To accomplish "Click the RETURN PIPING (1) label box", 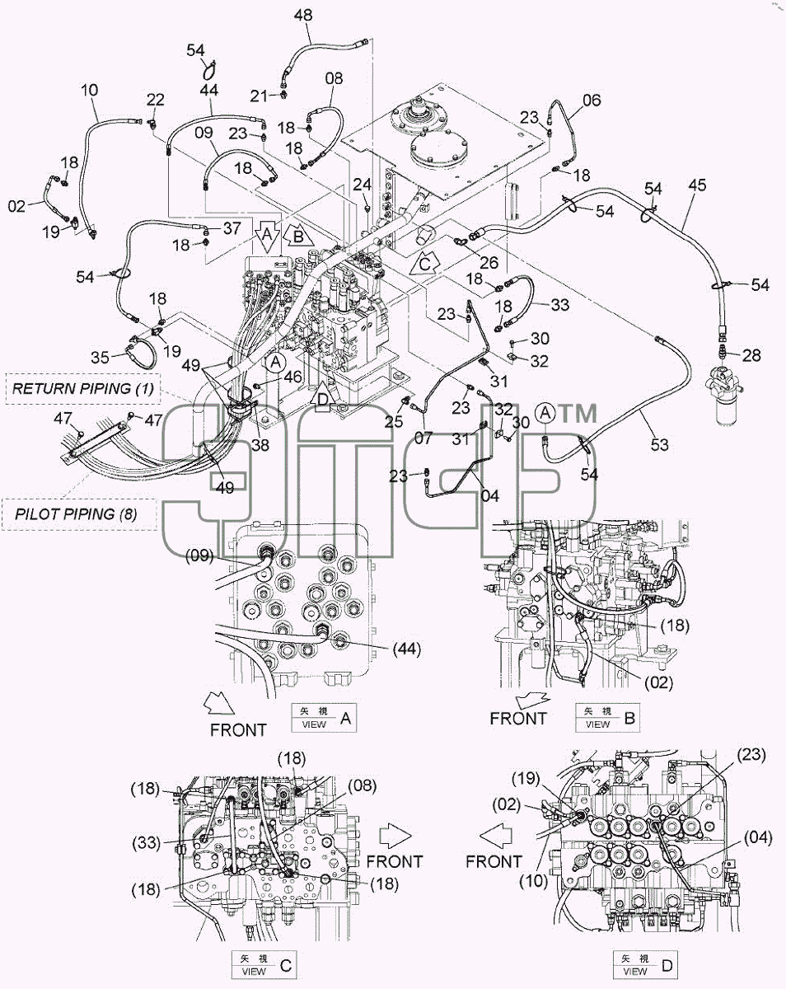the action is click(x=83, y=389).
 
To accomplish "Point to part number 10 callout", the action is click(x=89, y=90).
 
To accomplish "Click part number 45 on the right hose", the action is click(x=697, y=185).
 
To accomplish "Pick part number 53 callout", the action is click(x=660, y=445).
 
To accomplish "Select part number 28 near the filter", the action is click(x=751, y=355).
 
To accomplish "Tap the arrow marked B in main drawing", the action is click(x=299, y=237).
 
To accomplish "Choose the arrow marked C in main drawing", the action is click(x=425, y=264).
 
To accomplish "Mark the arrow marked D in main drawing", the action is click(x=324, y=397).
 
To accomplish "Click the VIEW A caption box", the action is click(x=324, y=718).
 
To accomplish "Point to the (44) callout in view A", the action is click(x=407, y=649).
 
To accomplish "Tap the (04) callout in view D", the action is click(x=757, y=838).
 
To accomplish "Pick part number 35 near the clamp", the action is click(x=101, y=357).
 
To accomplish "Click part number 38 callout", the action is click(x=260, y=444).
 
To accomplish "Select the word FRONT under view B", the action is click(x=518, y=719).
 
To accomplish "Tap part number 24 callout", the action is click(x=362, y=185).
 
